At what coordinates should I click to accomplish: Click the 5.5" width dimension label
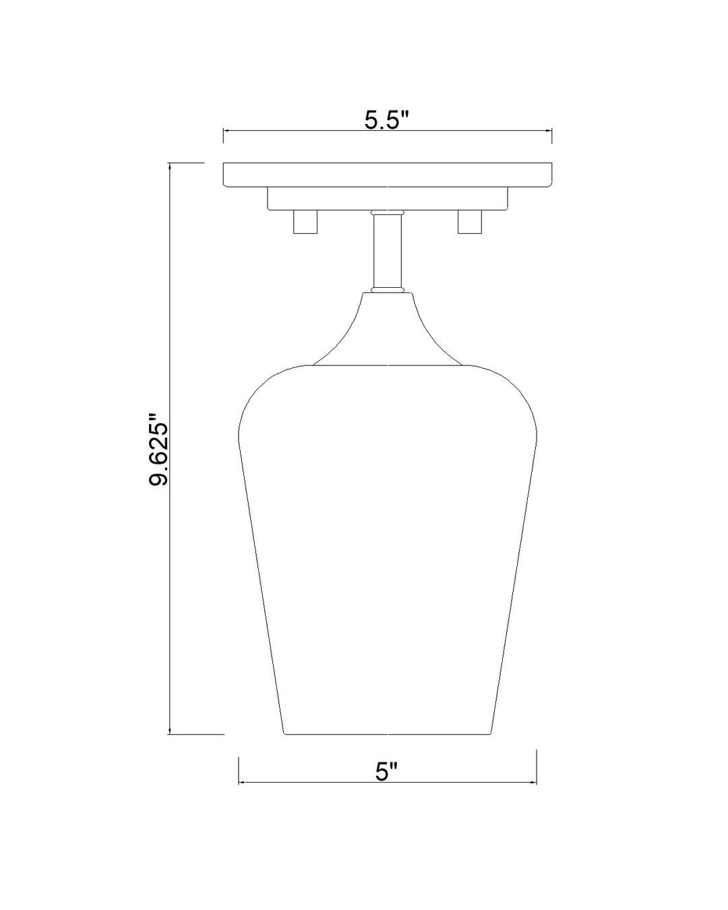click(386, 121)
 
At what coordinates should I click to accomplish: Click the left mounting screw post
click(305, 222)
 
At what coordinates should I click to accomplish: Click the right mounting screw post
click(469, 222)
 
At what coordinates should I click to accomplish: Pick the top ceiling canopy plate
click(387, 175)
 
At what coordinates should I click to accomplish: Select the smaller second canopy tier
click(387, 199)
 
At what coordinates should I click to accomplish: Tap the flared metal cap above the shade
click(388, 328)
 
